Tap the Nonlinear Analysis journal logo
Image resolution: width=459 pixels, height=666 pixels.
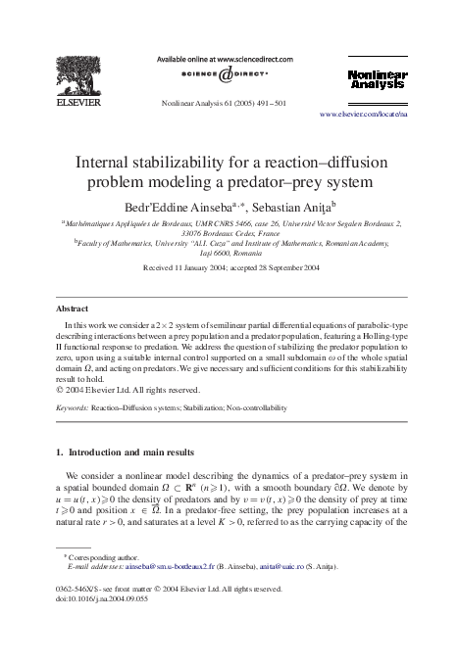point(377,79)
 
